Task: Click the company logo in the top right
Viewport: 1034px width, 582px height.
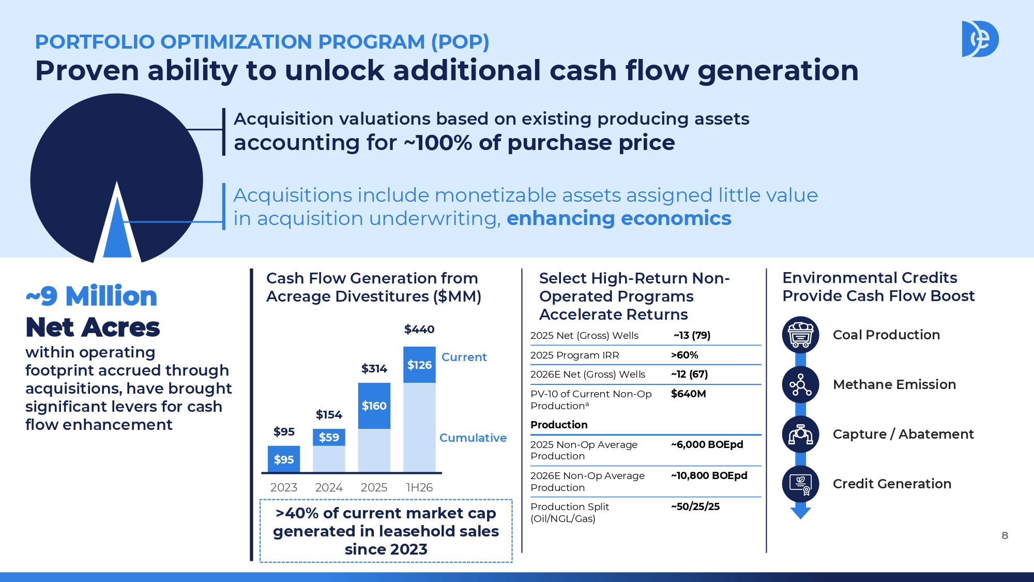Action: [980, 39]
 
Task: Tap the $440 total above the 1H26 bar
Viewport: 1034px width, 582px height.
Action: [419, 330]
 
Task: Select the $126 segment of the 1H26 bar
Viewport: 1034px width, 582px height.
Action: [419, 365]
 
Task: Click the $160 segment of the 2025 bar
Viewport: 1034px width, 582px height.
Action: [374, 406]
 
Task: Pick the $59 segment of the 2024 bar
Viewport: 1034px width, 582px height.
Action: [329, 437]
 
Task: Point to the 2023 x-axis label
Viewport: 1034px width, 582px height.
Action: [284, 487]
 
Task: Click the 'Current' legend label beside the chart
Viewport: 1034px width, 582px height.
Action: [464, 357]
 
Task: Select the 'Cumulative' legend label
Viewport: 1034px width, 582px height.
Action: [473, 438]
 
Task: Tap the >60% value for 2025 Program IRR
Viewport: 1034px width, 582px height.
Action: [685, 355]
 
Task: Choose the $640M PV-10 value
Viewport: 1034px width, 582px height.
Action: [689, 394]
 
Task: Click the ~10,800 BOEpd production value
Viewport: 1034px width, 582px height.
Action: [709, 475]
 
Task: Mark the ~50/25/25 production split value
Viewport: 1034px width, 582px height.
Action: [695, 506]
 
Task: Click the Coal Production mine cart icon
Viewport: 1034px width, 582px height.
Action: [801, 335]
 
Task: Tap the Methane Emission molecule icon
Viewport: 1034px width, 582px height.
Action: [801, 384]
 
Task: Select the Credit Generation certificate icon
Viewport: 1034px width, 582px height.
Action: [801, 484]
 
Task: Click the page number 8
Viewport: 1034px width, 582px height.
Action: [1005, 535]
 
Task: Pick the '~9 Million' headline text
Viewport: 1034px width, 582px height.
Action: [92, 296]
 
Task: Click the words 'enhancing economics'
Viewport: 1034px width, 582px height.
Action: [619, 218]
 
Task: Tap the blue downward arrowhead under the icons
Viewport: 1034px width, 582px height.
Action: [801, 513]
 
